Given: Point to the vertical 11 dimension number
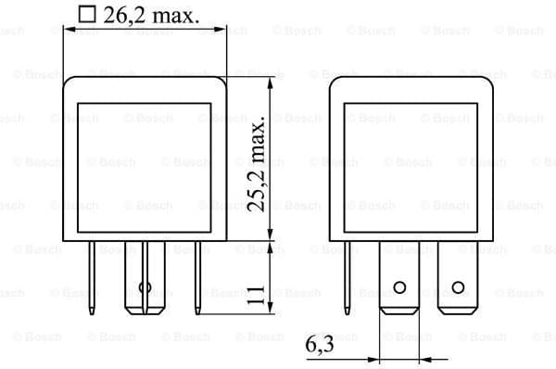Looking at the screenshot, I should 255,297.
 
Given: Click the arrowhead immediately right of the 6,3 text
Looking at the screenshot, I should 374,359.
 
